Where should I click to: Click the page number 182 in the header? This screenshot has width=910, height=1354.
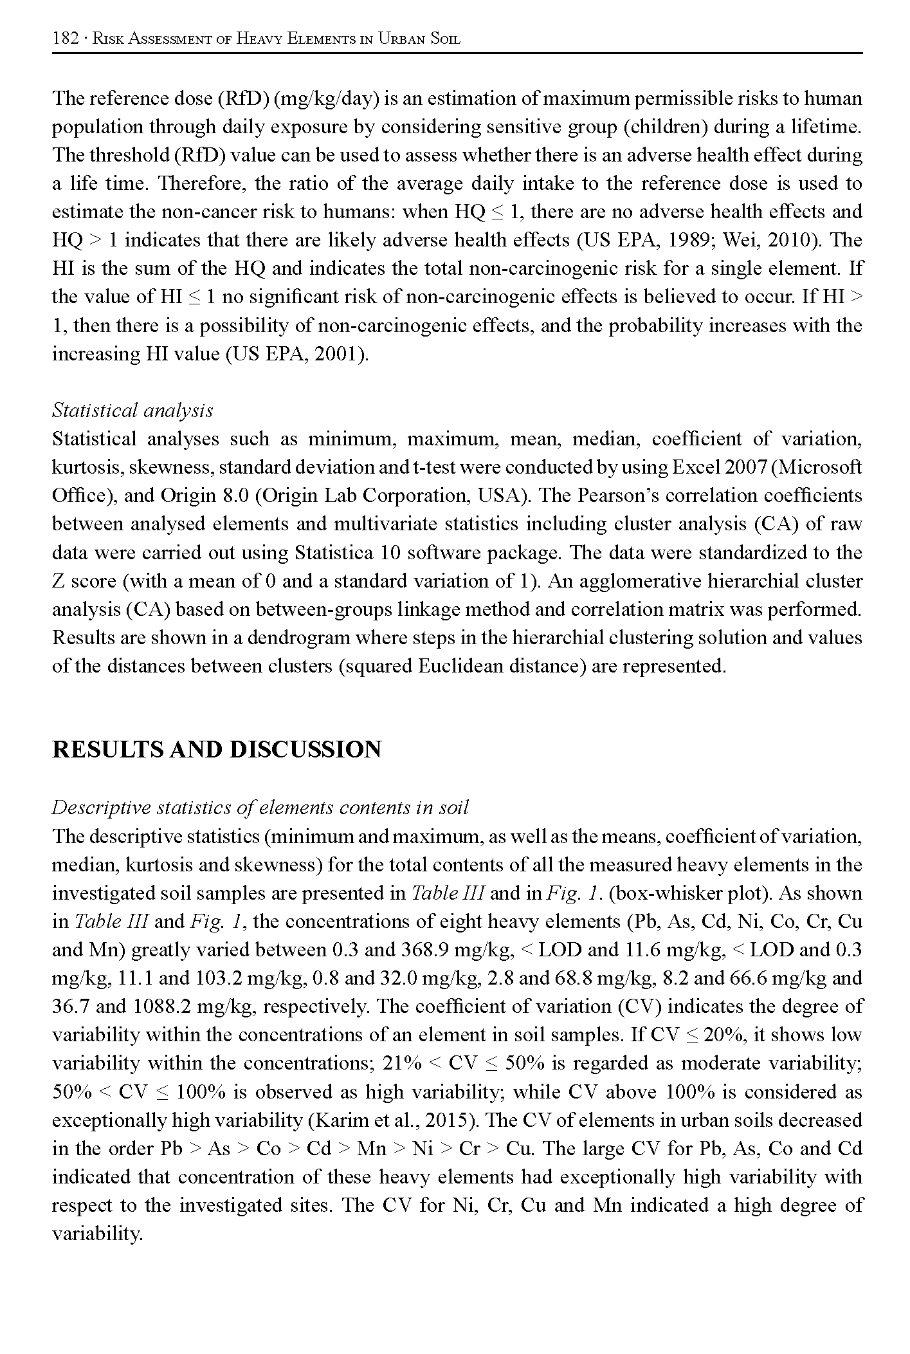pos(64,39)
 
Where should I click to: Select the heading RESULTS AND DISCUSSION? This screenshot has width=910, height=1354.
pos(217,750)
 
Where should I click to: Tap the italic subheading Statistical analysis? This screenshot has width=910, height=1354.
pos(132,411)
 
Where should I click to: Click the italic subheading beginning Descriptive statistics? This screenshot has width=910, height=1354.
pos(260,808)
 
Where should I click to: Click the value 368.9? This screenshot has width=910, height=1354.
pos(425,950)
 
